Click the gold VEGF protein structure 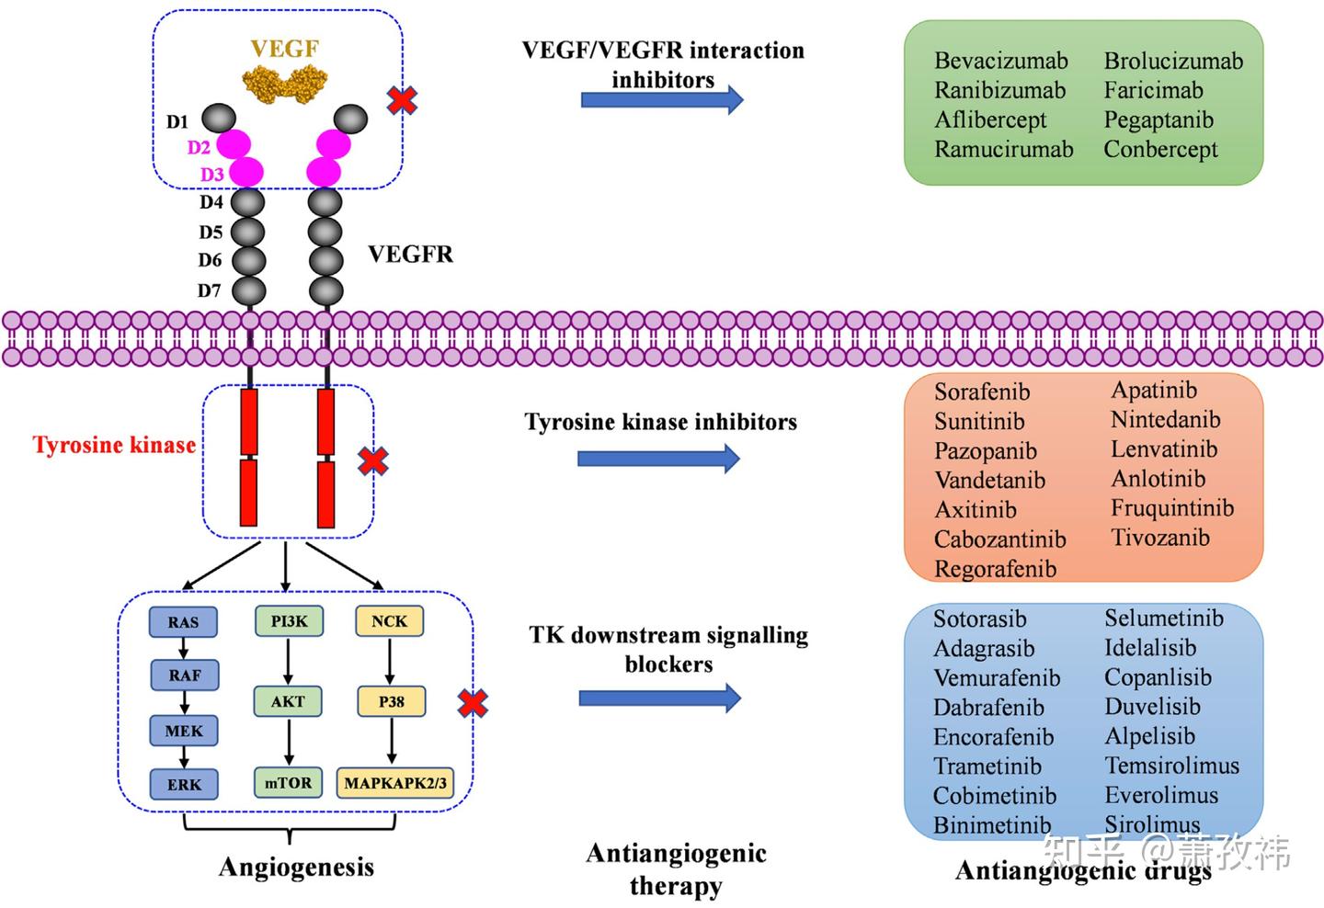pyautogui.click(x=285, y=84)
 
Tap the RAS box pyautogui.click(x=183, y=622)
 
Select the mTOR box pyautogui.click(x=288, y=783)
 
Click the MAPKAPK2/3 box pyautogui.click(x=395, y=783)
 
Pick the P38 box pyautogui.click(x=392, y=701)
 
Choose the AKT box pyautogui.click(x=288, y=701)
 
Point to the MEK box pyautogui.click(x=184, y=731)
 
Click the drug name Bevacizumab pyautogui.click(x=1001, y=61)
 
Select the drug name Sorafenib pyautogui.click(x=982, y=392)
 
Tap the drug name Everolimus pyautogui.click(x=1161, y=795)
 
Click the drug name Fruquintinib pyautogui.click(x=1172, y=508)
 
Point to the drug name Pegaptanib pyautogui.click(x=1158, y=120)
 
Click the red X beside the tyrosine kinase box pyautogui.click(x=373, y=461)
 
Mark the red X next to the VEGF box pyautogui.click(x=402, y=100)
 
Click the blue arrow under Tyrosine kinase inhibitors pyautogui.click(x=658, y=459)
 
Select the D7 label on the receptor pyautogui.click(x=209, y=290)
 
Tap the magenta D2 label pyautogui.click(x=199, y=147)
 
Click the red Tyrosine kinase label pyautogui.click(x=114, y=445)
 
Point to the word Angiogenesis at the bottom pyautogui.click(x=296, y=868)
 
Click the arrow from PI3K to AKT pyautogui.click(x=288, y=661)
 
